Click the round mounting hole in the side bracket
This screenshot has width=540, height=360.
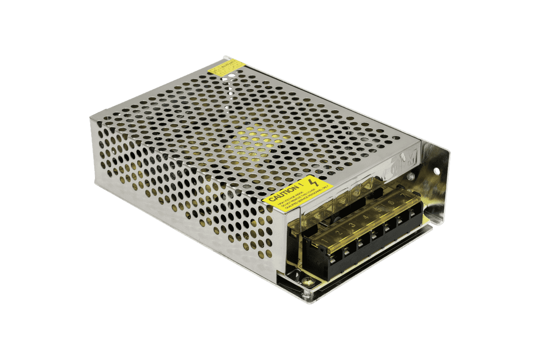tap(437, 171)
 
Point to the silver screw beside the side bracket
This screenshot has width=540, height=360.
tap(410, 176)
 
